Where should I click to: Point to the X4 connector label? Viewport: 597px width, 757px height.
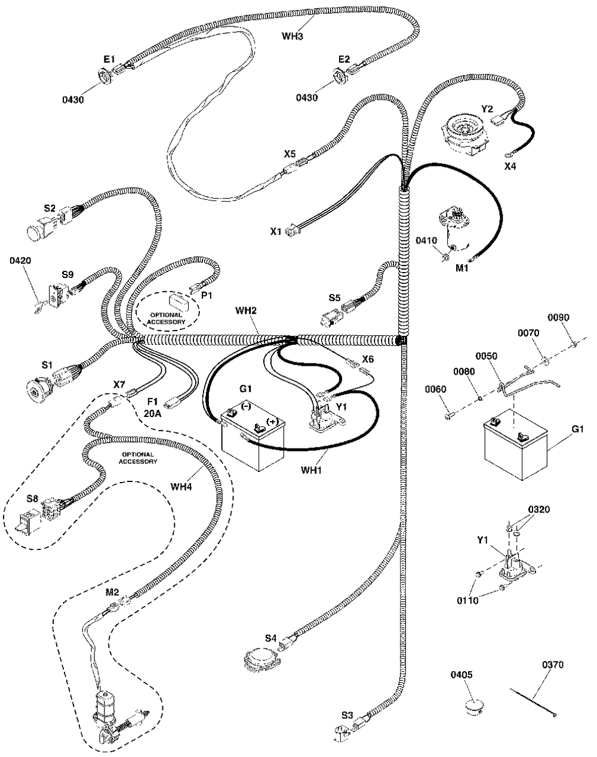pos(510,166)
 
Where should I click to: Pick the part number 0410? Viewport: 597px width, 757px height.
pos(427,241)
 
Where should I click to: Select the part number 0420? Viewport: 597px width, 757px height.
pos(20,261)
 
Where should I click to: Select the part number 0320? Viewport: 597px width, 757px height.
pos(538,509)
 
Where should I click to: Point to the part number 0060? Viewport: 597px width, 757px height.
pos(436,390)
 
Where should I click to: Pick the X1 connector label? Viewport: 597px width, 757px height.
pos(275,231)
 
